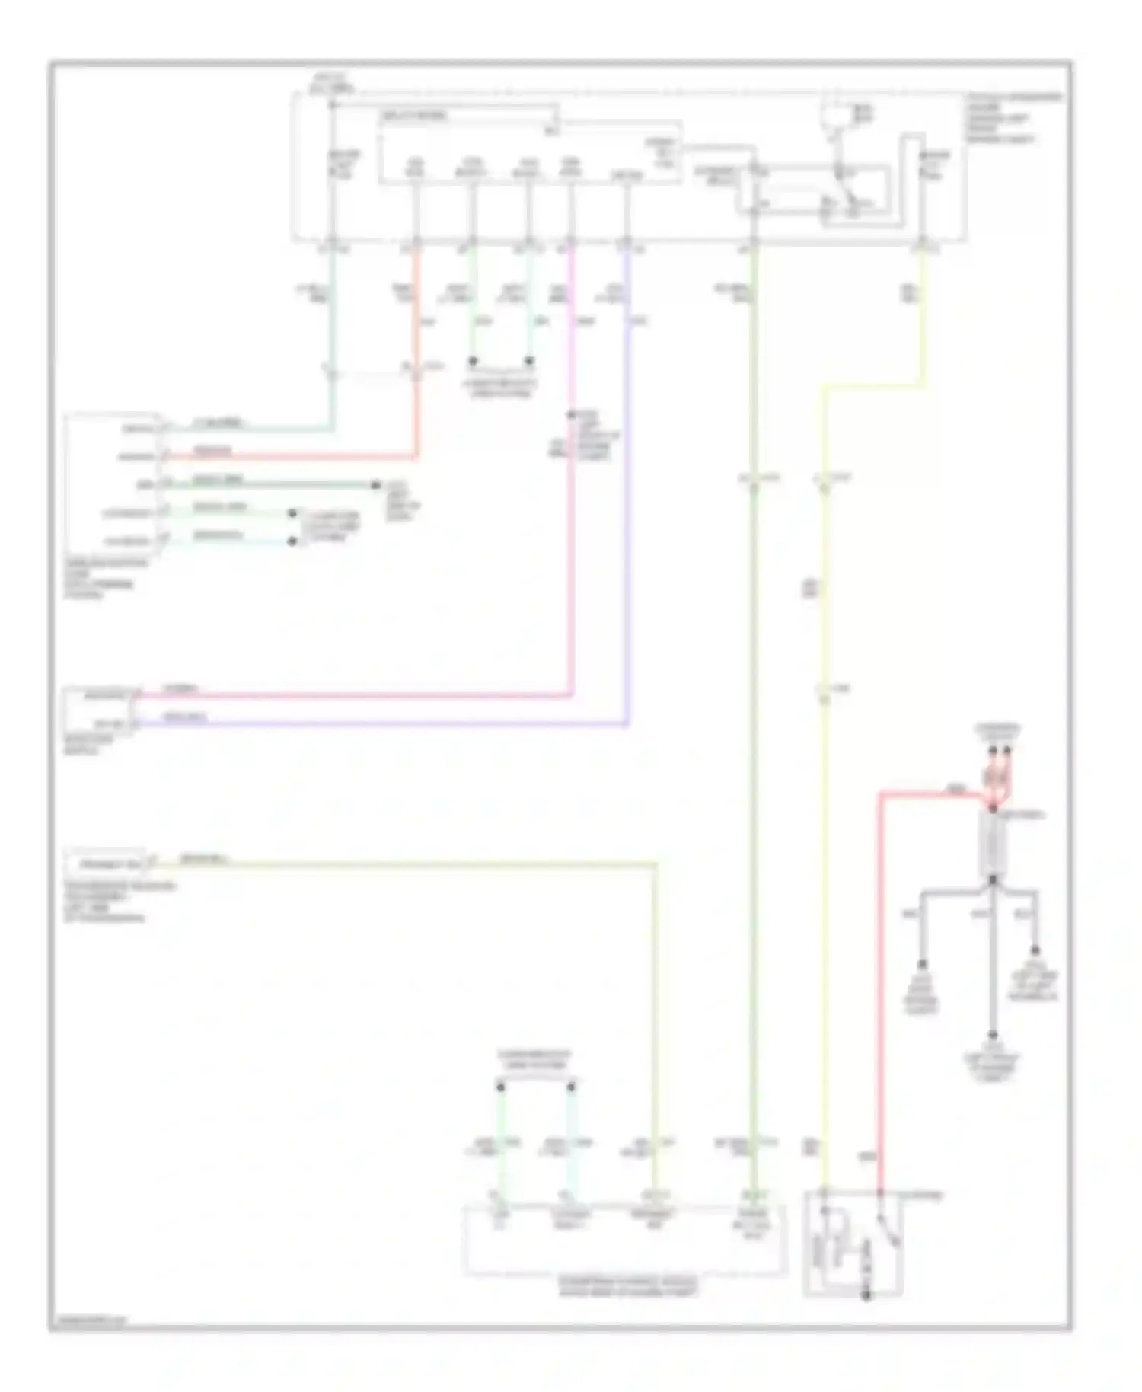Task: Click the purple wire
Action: click(x=627, y=533)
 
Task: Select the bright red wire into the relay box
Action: click(x=881, y=990)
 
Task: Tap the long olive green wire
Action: click(x=753, y=761)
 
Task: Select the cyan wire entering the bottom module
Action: click(x=571, y=1142)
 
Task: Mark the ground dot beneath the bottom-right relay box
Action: click(x=866, y=1295)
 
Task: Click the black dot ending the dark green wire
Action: click(x=375, y=485)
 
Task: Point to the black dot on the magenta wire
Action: click(x=570, y=416)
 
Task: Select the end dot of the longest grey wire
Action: click(x=993, y=1036)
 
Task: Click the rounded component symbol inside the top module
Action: click(x=836, y=114)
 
